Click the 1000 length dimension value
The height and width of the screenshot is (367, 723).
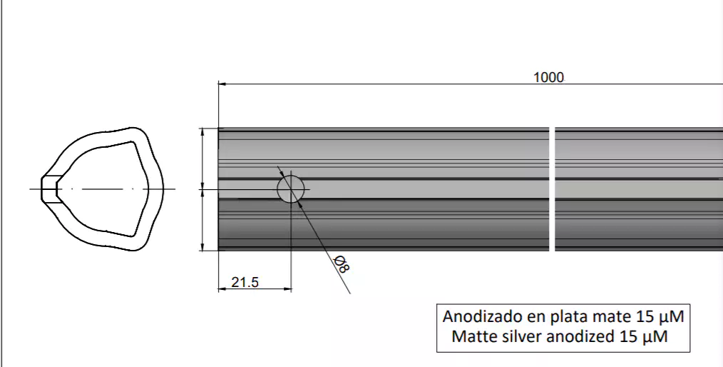(548, 77)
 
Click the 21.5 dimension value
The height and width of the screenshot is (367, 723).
(245, 283)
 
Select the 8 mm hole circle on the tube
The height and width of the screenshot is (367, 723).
(291, 190)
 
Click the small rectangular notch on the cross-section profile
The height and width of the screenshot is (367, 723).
(48, 189)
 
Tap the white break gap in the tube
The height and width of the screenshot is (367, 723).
(552, 189)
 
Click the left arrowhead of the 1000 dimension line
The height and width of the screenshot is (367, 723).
(222, 84)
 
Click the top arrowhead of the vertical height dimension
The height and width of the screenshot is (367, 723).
(203, 132)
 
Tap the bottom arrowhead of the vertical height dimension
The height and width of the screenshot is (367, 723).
(203, 247)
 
